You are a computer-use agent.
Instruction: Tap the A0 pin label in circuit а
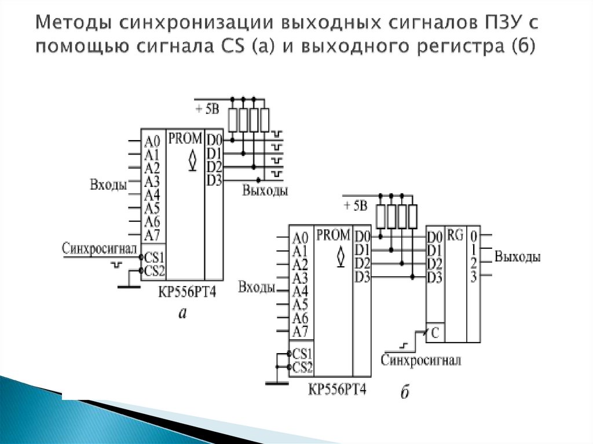coord(152,141)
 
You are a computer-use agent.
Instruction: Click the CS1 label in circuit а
coord(155,256)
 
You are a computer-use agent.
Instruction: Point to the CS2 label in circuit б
coord(303,367)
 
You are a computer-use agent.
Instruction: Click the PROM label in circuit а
coord(185,139)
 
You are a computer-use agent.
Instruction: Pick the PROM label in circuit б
coord(334,236)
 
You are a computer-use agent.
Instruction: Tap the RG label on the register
coord(455,236)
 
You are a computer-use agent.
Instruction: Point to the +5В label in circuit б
coord(355,206)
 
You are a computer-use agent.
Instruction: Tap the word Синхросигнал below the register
coord(421,361)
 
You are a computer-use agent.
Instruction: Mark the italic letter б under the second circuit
coord(405,394)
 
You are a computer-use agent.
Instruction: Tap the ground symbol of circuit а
coord(129,284)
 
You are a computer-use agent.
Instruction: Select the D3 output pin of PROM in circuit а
coord(214,181)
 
